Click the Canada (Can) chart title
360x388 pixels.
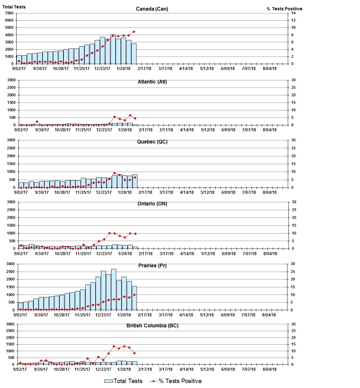click(152, 9)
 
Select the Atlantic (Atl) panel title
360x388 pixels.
click(152, 82)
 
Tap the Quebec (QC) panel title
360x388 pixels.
click(152, 142)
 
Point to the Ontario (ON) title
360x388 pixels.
click(152, 204)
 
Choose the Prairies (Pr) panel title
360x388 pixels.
click(152, 265)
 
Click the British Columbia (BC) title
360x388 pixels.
click(152, 325)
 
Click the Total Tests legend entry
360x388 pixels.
click(123, 381)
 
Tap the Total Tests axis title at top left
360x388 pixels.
click(14, 7)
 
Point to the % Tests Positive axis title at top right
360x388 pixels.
click(284, 9)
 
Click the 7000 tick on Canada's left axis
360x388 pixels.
click(9, 13)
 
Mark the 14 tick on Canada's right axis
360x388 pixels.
click(293, 13)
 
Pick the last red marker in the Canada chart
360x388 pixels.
click(134, 32)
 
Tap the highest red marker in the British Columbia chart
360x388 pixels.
click(114, 346)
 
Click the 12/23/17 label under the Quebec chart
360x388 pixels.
click(104, 192)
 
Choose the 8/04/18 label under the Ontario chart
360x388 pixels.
click(270, 254)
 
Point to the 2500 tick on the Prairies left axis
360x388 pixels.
click(11, 272)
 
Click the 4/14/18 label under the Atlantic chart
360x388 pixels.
click(187, 130)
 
